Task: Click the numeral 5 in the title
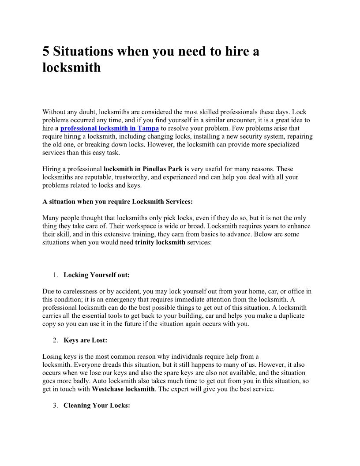(x=46, y=52)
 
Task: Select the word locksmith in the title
(x=71, y=68)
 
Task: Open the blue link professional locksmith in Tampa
(x=109, y=128)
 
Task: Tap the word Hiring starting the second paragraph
(x=52, y=169)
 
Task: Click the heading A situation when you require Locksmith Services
(x=117, y=202)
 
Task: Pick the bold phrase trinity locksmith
(x=160, y=242)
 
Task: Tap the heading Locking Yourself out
(x=97, y=275)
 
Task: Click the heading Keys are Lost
(x=86, y=340)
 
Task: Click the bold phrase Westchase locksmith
(x=123, y=389)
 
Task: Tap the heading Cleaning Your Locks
(x=97, y=406)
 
